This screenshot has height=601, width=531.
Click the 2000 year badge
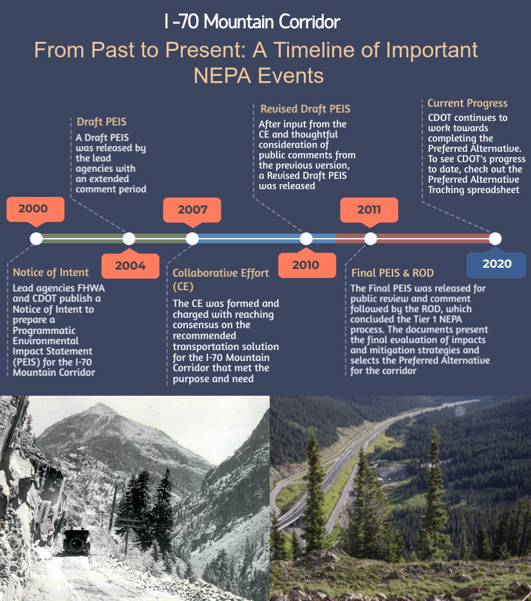point(35,209)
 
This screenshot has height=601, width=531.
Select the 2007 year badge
point(192,210)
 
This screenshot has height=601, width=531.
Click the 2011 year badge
point(369,210)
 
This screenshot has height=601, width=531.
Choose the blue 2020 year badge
point(496,264)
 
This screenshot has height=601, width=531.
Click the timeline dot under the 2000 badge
point(36,239)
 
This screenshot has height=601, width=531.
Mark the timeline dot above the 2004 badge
point(129,239)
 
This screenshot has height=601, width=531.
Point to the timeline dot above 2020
point(496,239)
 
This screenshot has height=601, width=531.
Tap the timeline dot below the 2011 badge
point(370,239)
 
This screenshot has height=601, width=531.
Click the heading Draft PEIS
point(102,122)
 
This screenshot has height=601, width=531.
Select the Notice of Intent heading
point(51,273)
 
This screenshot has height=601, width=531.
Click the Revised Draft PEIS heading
point(305,109)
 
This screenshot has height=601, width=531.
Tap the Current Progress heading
point(467,103)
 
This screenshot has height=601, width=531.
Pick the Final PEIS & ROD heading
point(393,273)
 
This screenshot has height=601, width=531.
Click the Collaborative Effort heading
point(221,279)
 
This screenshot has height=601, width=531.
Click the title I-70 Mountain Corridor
point(252,21)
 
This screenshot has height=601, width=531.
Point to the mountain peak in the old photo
point(100,406)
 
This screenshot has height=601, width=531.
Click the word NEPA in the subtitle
point(222,75)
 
